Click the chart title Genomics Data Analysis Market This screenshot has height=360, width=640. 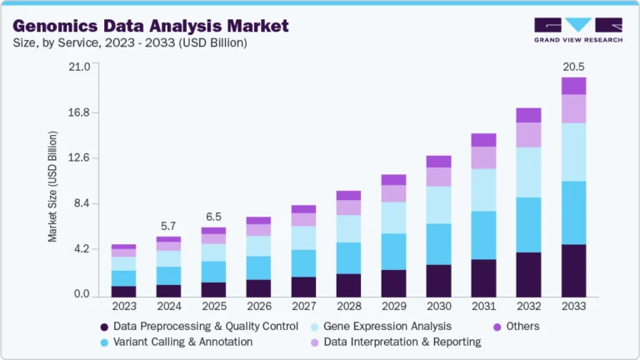(151, 26)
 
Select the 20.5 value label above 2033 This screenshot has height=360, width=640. (574, 66)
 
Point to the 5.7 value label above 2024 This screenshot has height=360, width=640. (168, 226)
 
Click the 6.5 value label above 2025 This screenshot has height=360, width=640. (213, 217)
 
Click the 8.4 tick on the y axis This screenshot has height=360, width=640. (80, 203)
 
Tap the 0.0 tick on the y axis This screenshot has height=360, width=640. (80, 295)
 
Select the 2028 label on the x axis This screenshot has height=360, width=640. (348, 307)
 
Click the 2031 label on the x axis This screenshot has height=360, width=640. (483, 307)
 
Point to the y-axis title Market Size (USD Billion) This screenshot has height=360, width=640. (52, 186)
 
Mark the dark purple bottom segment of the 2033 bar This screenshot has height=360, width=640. (573, 270)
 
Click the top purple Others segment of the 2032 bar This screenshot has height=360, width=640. (528, 115)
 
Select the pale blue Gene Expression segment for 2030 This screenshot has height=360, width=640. (438, 205)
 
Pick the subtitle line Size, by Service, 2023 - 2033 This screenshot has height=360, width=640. (125, 42)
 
